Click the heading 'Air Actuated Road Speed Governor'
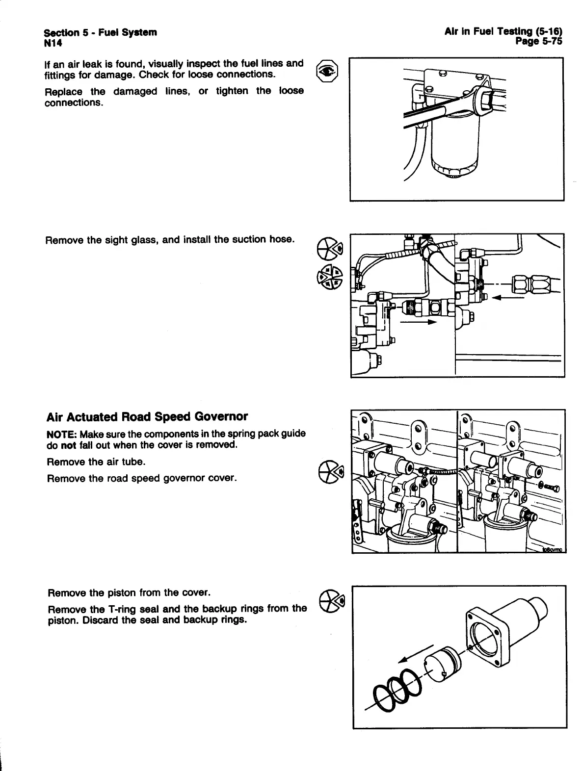click(147, 417)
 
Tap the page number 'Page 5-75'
click(538, 42)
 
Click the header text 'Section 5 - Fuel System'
click(100, 32)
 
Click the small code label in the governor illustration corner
click(553, 550)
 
